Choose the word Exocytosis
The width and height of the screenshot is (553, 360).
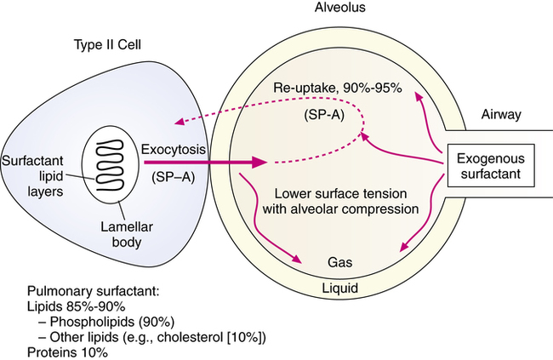click(x=174, y=150)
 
